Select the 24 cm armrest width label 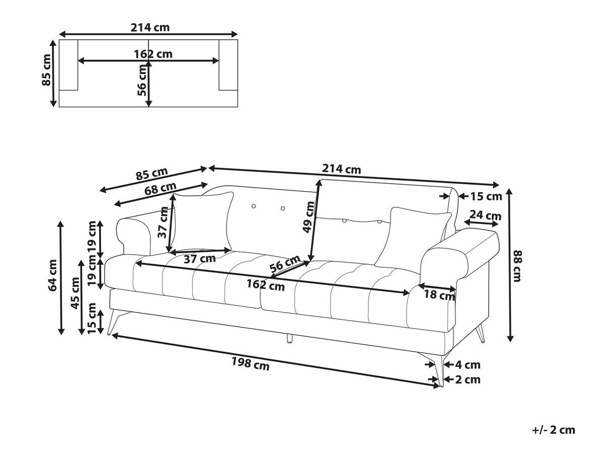coord(487,216)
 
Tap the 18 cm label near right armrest coord(439,295)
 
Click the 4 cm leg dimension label coord(468,365)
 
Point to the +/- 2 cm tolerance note coord(553,430)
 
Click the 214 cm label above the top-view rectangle coord(150,27)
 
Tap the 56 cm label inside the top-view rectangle coord(143,81)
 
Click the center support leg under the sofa coord(289,338)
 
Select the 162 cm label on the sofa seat coord(265,285)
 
